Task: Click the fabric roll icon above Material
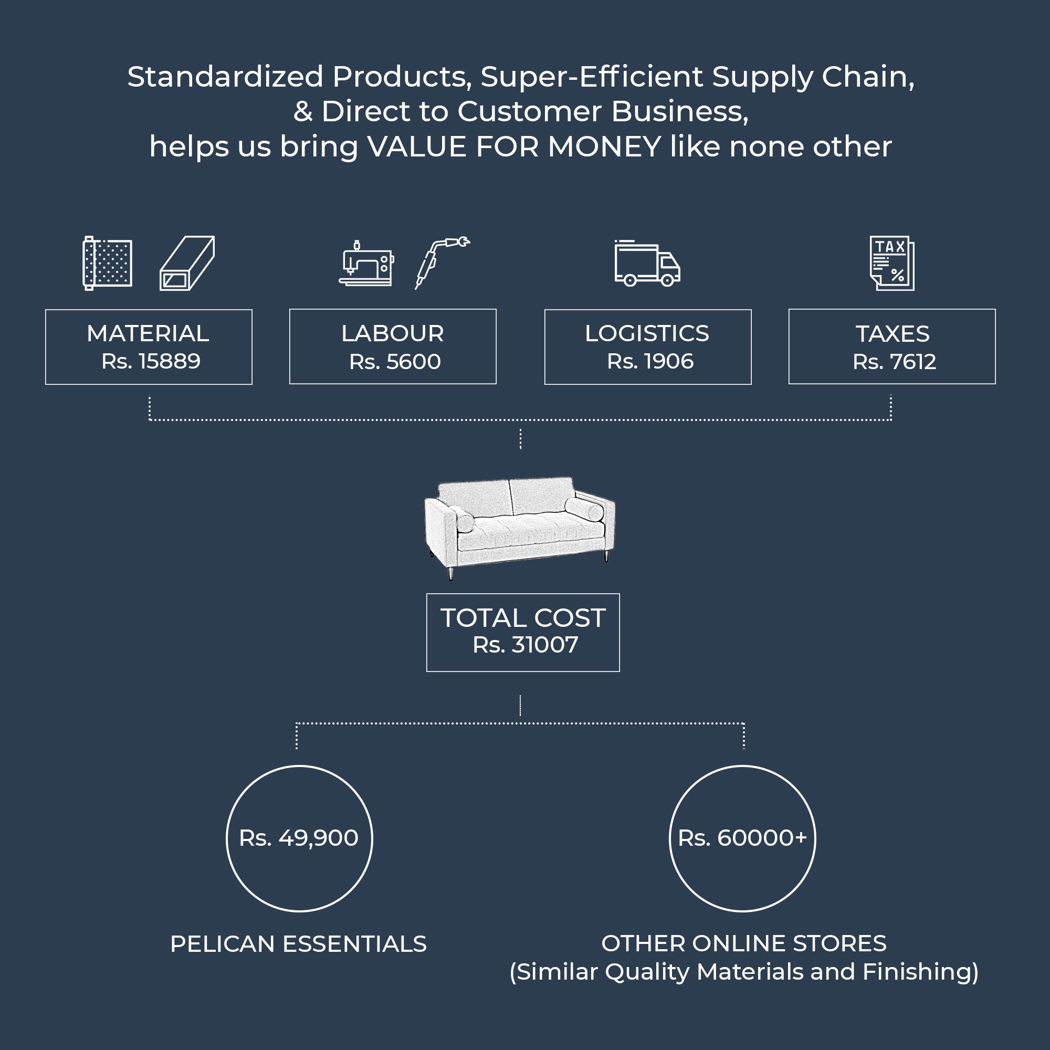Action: coord(107,263)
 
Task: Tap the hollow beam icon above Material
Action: coord(187,263)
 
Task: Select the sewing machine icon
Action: coord(366,263)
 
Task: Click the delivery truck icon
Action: coord(647,264)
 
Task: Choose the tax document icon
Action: coord(892,263)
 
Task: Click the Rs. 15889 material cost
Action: coord(151,361)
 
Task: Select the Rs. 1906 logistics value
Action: coord(650,361)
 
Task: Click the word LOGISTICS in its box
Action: coord(647,334)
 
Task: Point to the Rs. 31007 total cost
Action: coord(525,645)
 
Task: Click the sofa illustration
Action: coord(520,524)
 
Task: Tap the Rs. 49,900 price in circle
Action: coord(299,838)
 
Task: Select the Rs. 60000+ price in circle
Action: coord(742,838)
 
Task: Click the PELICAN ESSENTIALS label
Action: coord(298,944)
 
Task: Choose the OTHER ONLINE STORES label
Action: coord(743,943)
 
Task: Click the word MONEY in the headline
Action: coord(604,147)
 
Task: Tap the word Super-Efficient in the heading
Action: coord(591,77)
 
